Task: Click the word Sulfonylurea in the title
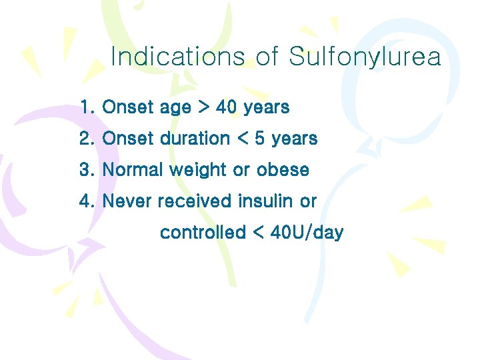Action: [365, 57]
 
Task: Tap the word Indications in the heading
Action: [178, 57]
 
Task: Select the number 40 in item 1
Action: [227, 107]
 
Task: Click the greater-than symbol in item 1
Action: [203, 107]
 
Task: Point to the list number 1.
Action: [87, 107]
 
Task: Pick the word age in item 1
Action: [175, 108]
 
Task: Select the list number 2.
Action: [87, 139]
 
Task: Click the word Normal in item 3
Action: [133, 170]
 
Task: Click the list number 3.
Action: [87, 170]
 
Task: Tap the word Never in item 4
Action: [127, 201]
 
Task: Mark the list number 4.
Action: [87, 201]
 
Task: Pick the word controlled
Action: [203, 233]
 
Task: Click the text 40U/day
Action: [308, 233]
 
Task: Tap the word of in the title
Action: [267, 57]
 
